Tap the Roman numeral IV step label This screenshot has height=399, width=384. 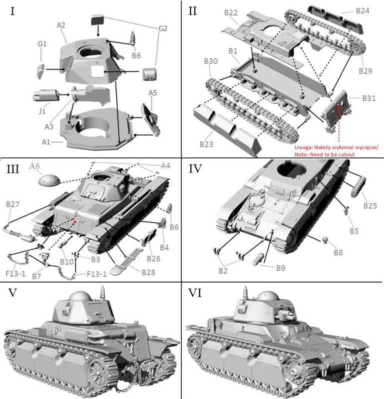coord(196,169)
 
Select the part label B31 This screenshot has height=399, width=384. coord(370,98)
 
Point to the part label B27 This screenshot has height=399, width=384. coord(13,204)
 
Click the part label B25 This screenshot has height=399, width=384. coord(370,205)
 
